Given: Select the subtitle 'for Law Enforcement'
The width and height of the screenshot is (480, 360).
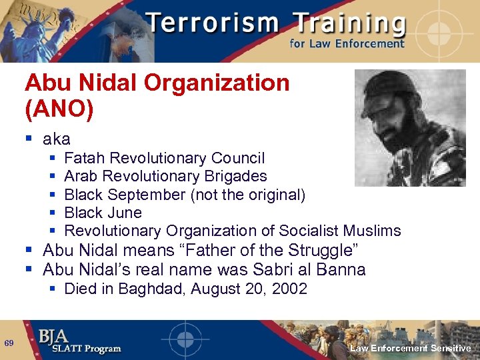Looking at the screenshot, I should pos(347,44).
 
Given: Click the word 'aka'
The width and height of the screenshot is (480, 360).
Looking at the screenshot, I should pos(56,139).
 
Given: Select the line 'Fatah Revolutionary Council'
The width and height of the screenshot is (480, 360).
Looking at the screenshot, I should pos(164,159).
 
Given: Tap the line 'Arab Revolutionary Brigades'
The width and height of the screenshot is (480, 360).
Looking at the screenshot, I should pos(165,177).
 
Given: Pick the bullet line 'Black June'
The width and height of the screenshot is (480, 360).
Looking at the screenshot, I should pos(103,213).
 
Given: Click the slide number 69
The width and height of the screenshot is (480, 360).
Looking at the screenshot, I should pos(9,343).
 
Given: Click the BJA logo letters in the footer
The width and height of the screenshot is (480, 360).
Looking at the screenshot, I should pos(53,335).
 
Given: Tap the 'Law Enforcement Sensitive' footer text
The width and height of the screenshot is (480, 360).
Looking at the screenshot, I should pos(410,348).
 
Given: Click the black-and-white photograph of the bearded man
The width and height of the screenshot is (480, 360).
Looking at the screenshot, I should pos(410,127).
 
